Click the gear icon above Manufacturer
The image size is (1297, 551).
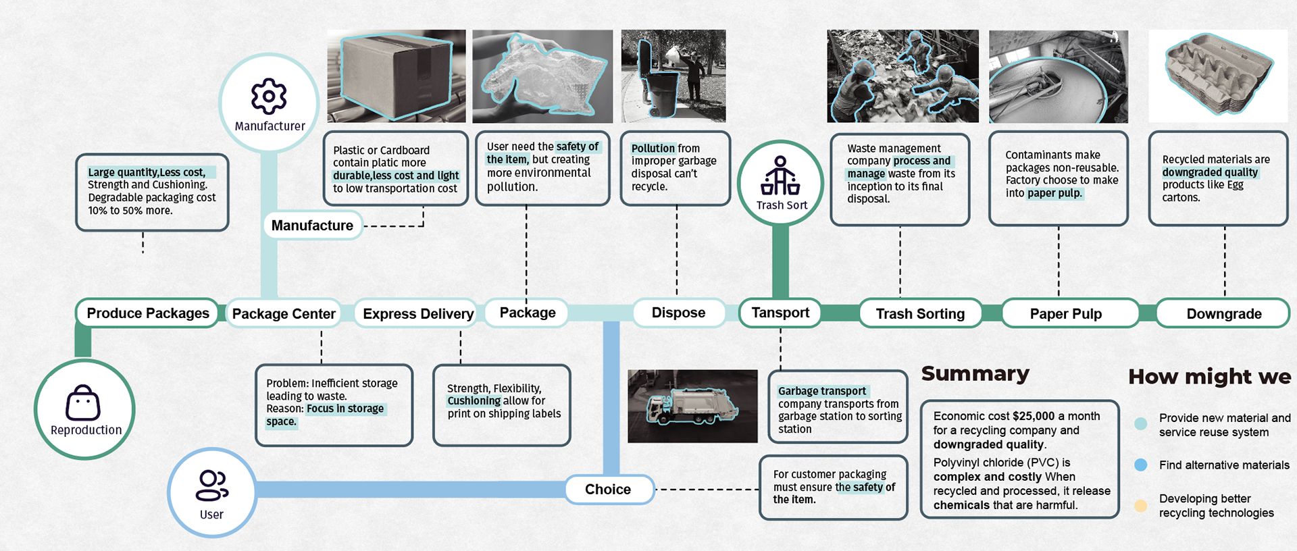coord(269,96)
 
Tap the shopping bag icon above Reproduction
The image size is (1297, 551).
coord(83,403)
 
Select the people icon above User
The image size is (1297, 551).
coord(211,486)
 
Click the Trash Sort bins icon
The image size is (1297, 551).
coord(780,176)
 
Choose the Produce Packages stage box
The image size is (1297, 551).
coord(147,313)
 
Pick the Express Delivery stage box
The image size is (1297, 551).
coord(417,314)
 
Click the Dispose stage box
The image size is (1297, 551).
coord(678,313)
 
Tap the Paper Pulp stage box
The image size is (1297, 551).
coord(1065,314)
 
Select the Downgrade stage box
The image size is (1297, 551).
coord(1223,314)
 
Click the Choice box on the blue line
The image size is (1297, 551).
coord(608,490)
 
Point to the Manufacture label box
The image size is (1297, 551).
coord(312,226)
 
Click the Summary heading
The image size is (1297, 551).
coord(975,373)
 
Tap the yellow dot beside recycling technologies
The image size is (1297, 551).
coord(1141,506)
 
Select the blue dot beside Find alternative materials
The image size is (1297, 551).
coord(1141,465)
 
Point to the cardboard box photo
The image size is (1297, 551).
coord(396,76)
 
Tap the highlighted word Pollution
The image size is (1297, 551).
coord(653,149)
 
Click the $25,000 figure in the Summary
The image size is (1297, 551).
coord(1034,417)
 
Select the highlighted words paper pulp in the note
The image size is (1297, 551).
coord(1054,193)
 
